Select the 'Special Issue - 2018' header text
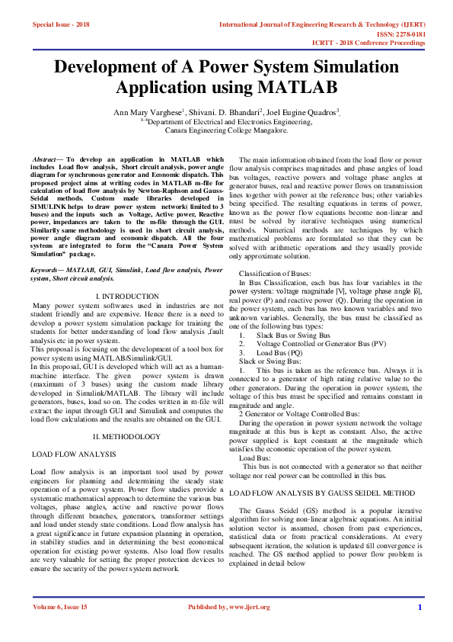pos(61,24)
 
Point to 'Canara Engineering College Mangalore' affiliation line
pos(226,130)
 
